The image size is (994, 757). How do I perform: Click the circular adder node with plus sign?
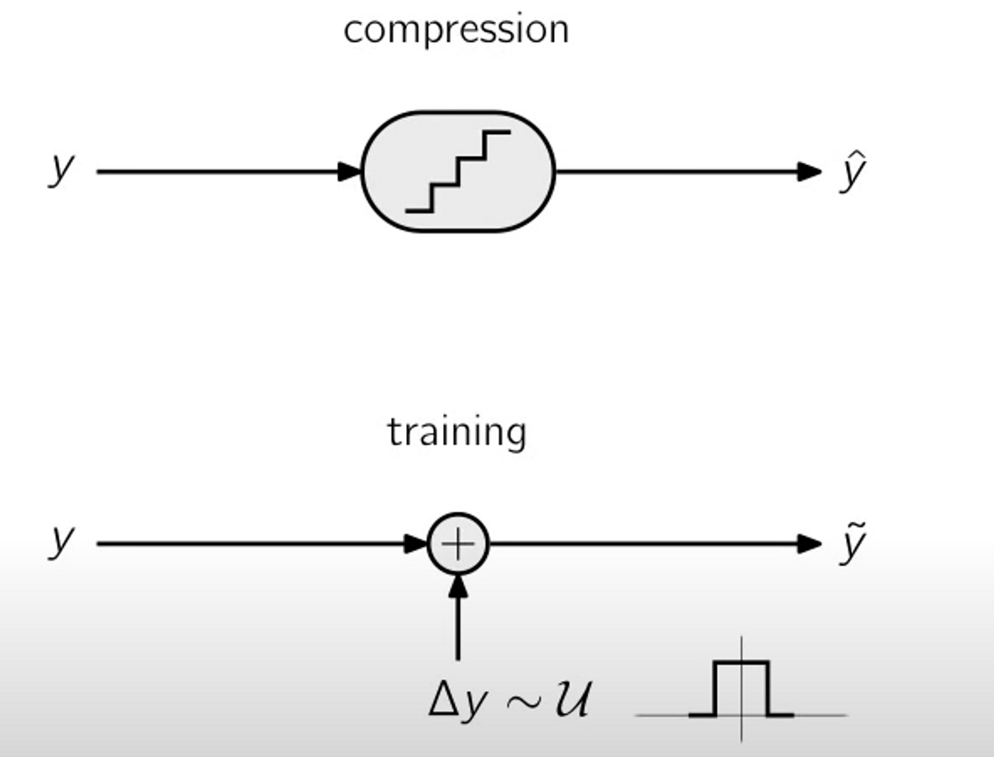tap(458, 544)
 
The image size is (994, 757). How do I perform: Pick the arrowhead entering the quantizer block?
tap(350, 172)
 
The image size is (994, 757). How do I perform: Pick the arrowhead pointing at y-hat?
tap(809, 172)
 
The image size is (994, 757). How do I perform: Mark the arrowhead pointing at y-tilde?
tap(809, 544)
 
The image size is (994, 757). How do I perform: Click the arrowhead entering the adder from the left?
tap(416, 544)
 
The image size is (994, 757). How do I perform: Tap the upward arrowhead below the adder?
tap(458, 586)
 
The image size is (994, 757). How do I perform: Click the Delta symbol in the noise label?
tap(444, 699)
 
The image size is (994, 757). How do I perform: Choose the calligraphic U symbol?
tap(573, 699)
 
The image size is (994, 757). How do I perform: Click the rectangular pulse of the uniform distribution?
tap(741, 663)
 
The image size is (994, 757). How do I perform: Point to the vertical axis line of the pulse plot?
tap(742, 730)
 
